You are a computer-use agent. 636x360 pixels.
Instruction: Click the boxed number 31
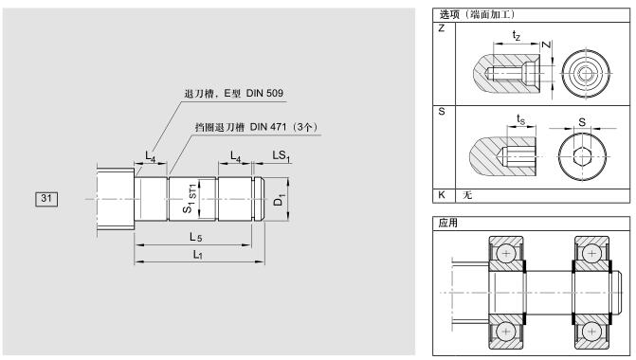point(46,199)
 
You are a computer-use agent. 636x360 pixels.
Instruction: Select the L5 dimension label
point(195,237)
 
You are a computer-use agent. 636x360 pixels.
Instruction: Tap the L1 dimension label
point(197,255)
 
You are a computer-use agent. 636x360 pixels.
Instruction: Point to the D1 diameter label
point(279,200)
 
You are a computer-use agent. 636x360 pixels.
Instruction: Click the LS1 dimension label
point(282,155)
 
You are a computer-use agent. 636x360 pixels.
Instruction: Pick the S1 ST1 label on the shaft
point(190,198)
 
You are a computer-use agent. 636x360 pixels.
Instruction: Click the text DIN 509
point(264,93)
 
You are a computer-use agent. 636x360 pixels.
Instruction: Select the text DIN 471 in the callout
point(268,127)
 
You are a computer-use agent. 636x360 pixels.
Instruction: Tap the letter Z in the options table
point(442,28)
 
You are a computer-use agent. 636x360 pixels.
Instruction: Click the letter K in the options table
point(442,194)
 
